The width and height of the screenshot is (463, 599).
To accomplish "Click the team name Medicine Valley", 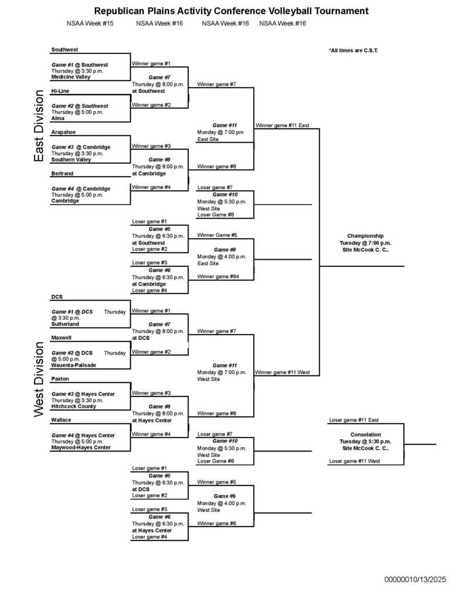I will tap(71, 77).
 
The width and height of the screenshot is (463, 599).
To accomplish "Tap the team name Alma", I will tap(57, 118).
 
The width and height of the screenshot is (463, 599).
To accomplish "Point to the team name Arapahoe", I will tap(63, 132).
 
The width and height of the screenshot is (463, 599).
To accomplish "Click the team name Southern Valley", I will tap(71, 160).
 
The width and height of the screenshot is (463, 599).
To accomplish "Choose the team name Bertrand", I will tap(63, 174).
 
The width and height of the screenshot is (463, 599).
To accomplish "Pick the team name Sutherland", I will tap(65, 323).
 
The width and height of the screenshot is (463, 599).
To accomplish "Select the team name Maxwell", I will tap(62, 338).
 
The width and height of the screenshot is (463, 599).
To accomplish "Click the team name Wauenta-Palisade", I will tap(74, 365).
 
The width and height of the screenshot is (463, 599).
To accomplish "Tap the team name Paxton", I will tap(60, 379).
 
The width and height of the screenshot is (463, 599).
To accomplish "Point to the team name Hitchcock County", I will tap(74, 406).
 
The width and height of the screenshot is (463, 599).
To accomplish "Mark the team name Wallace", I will tap(61, 420).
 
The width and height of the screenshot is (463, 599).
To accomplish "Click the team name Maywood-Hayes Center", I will tap(81, 447).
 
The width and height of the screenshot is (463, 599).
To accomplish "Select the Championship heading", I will tap(365, 236).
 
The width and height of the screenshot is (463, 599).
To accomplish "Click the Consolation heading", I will tap(365, 435).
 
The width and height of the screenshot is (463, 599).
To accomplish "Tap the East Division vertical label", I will tap(39, 126).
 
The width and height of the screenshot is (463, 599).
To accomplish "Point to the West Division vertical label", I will tap(39, 379).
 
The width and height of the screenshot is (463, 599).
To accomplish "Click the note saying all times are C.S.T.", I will tap(353, 51).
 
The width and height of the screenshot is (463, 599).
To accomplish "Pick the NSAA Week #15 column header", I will tap(90, 24).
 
